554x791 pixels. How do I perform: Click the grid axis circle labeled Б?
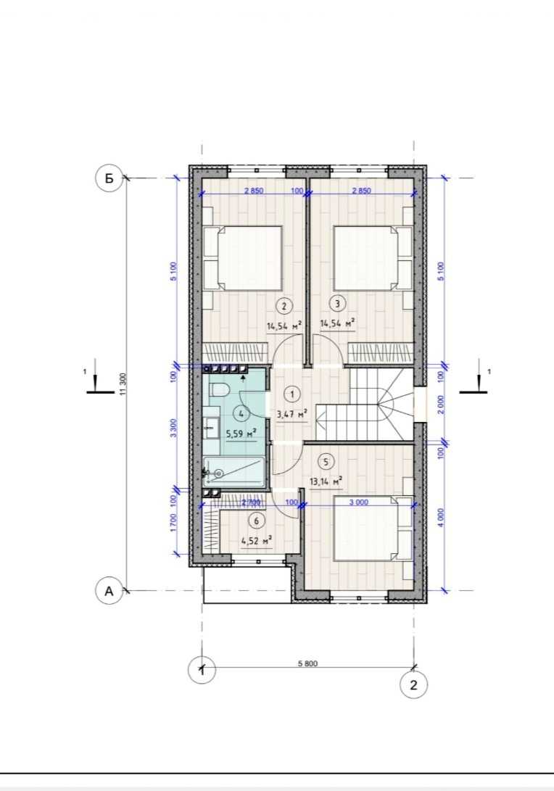coord(109,178)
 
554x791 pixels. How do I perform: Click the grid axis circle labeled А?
coord(109,591)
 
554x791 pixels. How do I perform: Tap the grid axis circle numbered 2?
coord(414,685)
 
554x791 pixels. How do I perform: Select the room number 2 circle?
coord(284,306)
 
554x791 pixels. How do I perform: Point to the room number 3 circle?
coord(337,303)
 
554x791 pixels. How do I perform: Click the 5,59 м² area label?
coord(241,434)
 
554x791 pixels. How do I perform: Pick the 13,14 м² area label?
coord(326,481)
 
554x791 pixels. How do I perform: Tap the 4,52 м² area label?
coord(257,542)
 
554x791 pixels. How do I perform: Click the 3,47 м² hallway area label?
coord(292,415)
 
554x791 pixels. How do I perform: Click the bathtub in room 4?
coord(233,473)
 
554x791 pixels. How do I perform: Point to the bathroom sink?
coord(211,428)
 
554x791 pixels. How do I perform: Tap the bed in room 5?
coord(373,528)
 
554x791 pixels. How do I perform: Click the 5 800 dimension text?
coord(307,663)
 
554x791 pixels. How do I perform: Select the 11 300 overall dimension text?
coord(123,385)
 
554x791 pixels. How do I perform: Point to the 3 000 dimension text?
coord(358,502)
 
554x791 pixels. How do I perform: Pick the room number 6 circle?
coord(257,521)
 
